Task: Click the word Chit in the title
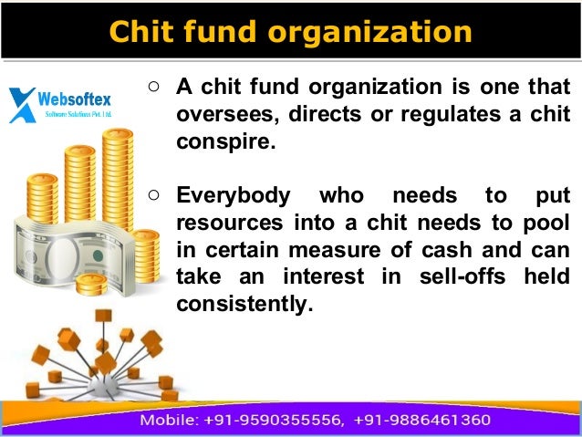click(139, 31)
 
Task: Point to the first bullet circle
click(154, 88)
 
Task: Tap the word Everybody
click(234, 195)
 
